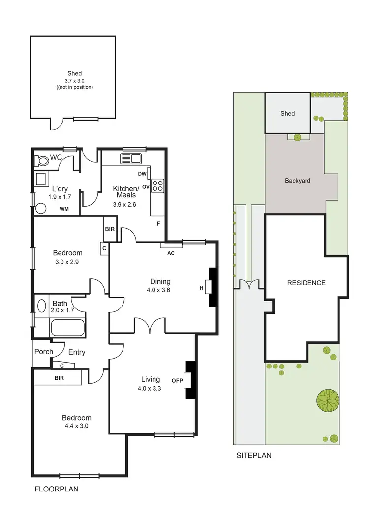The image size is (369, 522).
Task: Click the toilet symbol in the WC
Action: (x=41, y=160)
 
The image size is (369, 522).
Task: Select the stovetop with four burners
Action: (x=157, y=185)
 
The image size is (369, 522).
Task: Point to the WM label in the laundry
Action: (x=64, y=209)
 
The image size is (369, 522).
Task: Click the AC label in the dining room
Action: (x=171, y=253)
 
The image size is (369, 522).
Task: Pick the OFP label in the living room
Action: (x=177, y=380)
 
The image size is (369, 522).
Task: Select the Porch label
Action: (x=44, y=352)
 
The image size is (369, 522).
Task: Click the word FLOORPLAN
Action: (x=56, y=490)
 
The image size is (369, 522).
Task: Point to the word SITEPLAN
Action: (x=253, y=455)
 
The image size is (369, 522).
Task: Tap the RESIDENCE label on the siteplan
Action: (x=307, y=283)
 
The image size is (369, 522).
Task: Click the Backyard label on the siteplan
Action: (x=298, y=181)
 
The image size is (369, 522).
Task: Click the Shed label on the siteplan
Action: (x=288, y=113)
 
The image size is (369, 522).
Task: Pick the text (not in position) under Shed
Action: (x=75, y=87)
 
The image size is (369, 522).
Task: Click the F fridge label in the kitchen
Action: (x=158, y=224)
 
